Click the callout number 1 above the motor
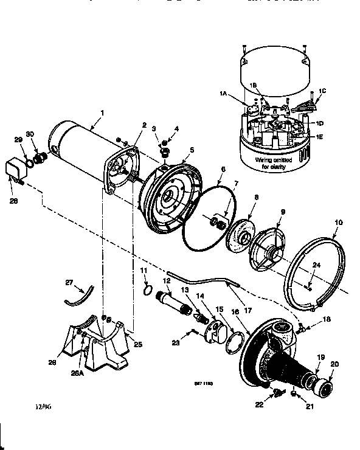[x=102, y=112]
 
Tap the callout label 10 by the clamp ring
[x=339, y=223]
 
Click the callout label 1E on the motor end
[x=319, y=137]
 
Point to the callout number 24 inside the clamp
[x=316, y=265]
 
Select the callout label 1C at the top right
[x=322, y=91]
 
